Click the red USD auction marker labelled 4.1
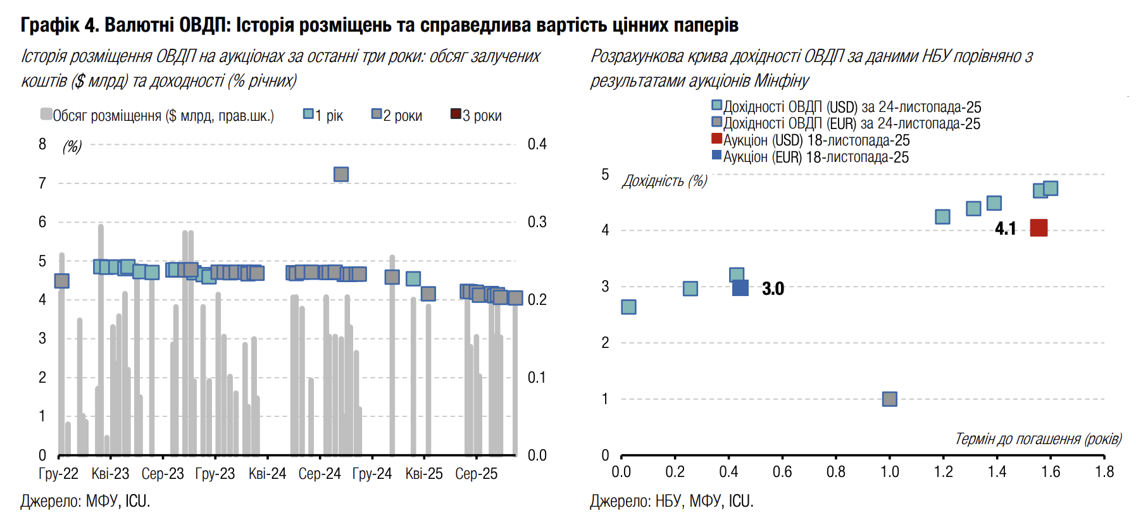pos(1039,228)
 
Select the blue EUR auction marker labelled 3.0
pos(740,288)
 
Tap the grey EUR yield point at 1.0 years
pos(889,399)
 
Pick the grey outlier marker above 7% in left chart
pos(341,174)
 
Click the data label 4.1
pos(1005,228)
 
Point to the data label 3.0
pos(773,288)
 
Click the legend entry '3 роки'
pos(476,116)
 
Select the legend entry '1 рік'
pos(323,116)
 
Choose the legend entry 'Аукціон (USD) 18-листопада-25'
pos(811,140)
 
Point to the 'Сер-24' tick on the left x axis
pos(320,474)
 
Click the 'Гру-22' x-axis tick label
pos(58,474)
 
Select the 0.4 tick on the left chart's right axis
pos(537,144)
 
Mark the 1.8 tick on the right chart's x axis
pos(1104,472)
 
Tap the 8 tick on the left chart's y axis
pos(42,144)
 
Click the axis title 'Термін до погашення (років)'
pos(1038,439)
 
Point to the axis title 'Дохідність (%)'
pos(665,181)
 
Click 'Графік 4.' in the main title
pos(59,25)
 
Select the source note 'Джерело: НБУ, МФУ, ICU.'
pos(671,502)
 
